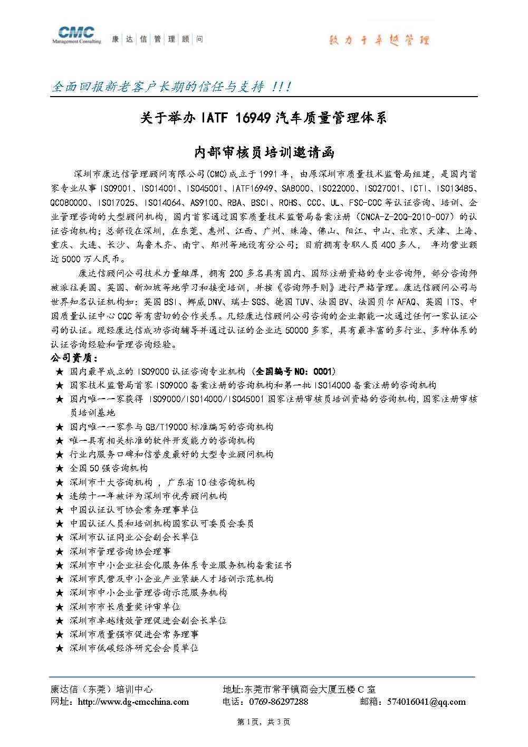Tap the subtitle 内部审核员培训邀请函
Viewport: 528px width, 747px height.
pos(264,153)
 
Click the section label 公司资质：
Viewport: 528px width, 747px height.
pos(71,358)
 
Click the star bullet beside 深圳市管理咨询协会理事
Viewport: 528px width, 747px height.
pos(59,552)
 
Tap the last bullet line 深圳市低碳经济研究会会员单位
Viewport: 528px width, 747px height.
pos(134,648)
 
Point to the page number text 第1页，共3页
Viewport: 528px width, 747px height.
pos(264,722)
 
